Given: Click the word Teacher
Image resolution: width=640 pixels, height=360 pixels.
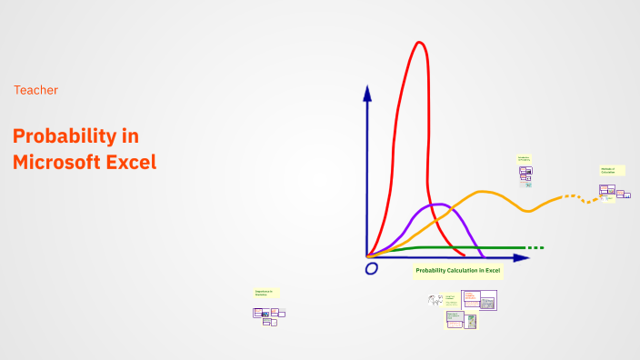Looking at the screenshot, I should click(35, 90).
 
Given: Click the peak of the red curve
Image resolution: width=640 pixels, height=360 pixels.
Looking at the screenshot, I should click(419, 43).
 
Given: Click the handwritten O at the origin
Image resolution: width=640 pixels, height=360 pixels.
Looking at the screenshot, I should click(371, 269).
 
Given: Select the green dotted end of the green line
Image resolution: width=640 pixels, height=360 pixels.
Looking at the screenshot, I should click(535, 247).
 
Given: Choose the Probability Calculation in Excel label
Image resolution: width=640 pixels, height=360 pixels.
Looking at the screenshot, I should click(457, 271).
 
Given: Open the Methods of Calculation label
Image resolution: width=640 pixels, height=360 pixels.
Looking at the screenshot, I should click(612, 170).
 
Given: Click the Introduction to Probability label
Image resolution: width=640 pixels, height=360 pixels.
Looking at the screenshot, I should click(525, 159).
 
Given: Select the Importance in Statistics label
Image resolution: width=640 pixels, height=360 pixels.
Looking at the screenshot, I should click(265, 293).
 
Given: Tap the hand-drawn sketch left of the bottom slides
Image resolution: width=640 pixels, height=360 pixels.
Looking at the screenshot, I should click(435, 299).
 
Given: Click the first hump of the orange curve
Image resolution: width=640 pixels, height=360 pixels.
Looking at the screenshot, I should click(485, 192).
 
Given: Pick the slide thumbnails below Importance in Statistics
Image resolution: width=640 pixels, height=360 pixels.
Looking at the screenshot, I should click(268, 315).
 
